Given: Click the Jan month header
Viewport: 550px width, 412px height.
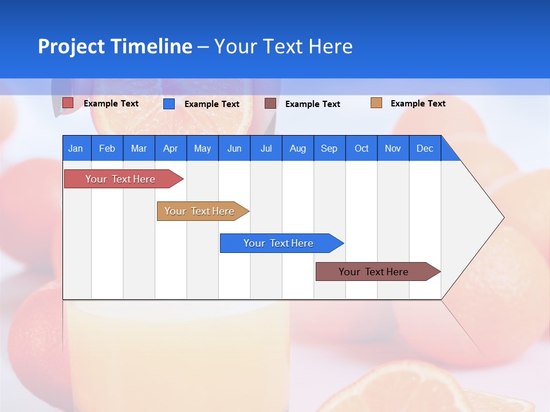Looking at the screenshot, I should click(x=76, y=148).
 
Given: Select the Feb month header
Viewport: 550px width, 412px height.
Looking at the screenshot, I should click(x=107, y=148).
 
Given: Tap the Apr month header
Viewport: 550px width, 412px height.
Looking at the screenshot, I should click(x=170, y=148).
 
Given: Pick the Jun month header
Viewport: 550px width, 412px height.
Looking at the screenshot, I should click(x=234, y=148).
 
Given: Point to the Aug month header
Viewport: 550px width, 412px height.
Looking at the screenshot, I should click(x=297, y=148).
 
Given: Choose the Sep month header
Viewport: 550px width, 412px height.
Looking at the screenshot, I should click(x=329, y=148).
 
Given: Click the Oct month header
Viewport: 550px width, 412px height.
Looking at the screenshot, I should click(x=362, y=148).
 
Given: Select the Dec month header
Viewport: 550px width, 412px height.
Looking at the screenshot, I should click(x=425, y=148).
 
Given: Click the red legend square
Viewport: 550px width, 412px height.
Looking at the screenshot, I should click(x=68, y=103).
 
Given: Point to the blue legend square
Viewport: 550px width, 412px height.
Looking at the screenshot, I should click(x=169, y=104).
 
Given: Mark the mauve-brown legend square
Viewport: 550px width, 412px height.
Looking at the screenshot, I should click(x=270, y=104).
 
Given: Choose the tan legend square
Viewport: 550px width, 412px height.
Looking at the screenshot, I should click(x=376, y=103).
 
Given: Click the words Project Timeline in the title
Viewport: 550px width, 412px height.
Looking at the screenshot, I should click(x=115, y=46).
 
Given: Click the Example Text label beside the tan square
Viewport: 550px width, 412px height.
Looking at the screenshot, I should click(x=418, y=104).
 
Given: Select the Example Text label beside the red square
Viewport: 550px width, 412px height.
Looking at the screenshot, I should click(x=111, y=104).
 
